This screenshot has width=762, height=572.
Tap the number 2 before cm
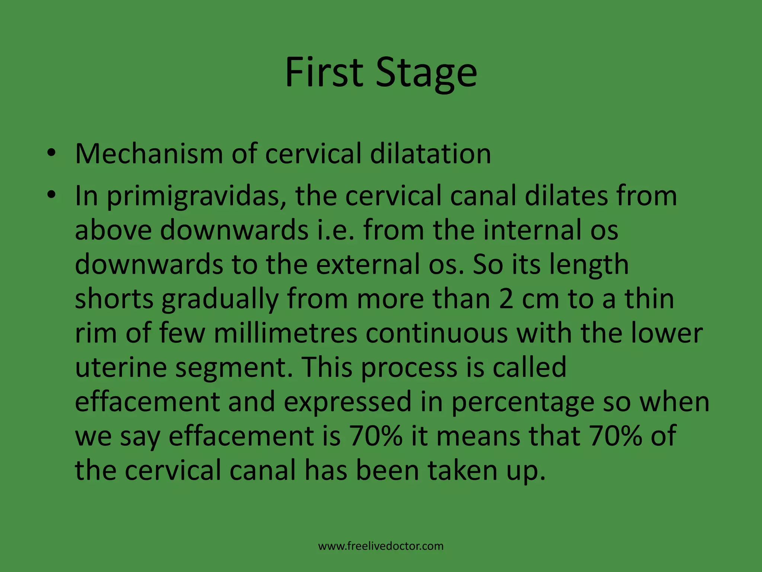(x=506, y=299)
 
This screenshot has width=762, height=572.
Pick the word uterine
(x=121, y=367)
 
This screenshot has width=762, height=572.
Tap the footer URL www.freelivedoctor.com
(x=381, y=546)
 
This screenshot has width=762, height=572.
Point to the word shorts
(x=114, y=299)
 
